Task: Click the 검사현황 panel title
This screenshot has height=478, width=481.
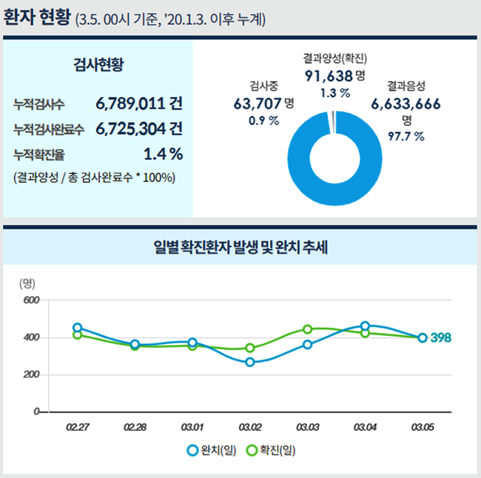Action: pyautogui.click(x=98, y=64)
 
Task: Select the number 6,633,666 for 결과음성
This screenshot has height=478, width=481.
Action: pyautogui.click(x=406, y=104)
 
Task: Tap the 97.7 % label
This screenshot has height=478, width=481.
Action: pyautogui.click(x=406, y=135)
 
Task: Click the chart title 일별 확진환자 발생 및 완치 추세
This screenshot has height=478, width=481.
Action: pyautogui.click(x=240, y=246)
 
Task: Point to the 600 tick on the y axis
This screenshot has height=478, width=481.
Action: pyautogui.click(x=30, y=300)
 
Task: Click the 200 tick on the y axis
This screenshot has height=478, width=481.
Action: pyautogui.click(x=30, y=374)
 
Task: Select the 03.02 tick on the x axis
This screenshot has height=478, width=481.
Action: pyautogui.click(x=250, y=427)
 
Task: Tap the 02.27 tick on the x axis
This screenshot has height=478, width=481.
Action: pyautogui.click(x=77, y=427)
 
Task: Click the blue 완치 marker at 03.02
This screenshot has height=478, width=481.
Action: pyautogui.click(x=250, y=362)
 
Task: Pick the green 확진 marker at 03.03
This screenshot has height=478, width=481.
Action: pyautogui.click(x=308, y=329)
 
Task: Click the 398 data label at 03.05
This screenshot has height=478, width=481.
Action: pyautogui.click(x=441, y=337)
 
